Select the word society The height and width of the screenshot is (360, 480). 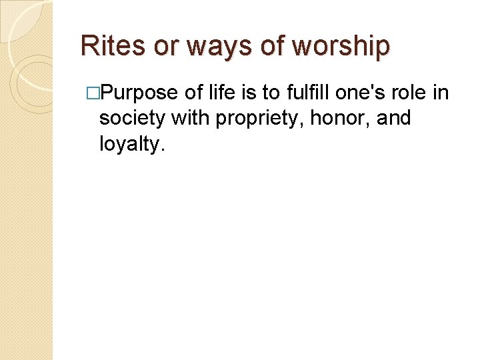point(132,119)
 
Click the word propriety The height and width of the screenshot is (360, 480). point(251,119)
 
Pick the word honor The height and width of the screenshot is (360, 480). point(329,119)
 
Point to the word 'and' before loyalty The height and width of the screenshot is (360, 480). point(393,118)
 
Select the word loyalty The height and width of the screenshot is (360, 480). point(131,144)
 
